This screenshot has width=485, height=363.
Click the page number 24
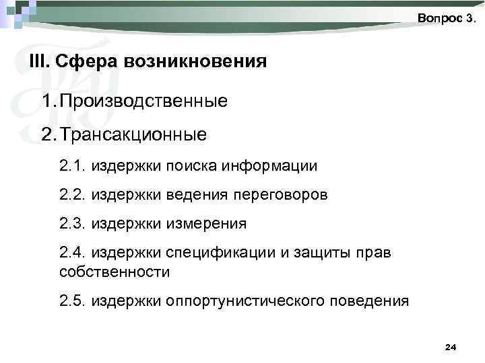coord(451,347)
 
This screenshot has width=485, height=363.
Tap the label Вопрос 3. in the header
coord(447,18)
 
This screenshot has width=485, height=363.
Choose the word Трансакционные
coord(134,135)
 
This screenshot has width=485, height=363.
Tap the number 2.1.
coord(73,165)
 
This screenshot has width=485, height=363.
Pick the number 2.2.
coord(73,195)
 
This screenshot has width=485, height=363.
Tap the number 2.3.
coord(73,223)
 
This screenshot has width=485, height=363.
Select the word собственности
coord(115,272)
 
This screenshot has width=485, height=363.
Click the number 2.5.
coord(73,300)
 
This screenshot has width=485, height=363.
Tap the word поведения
coord(373,300)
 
